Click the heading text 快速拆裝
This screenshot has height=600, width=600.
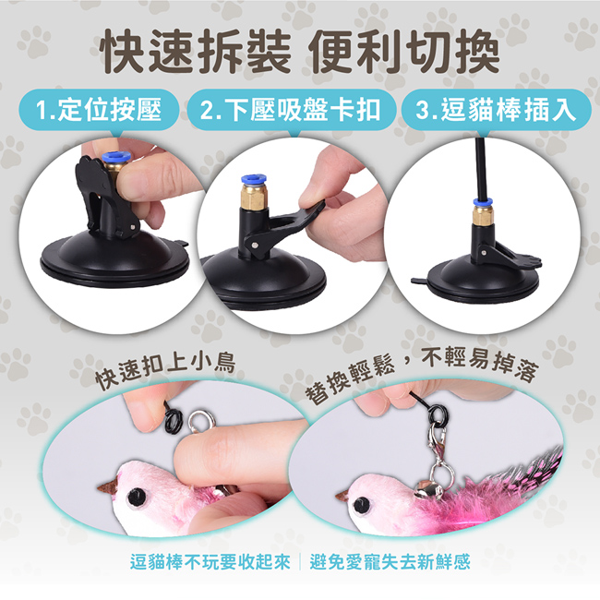pos(196,51)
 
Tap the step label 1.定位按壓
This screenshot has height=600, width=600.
pos(99,110)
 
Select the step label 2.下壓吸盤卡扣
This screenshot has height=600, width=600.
pos(291,110)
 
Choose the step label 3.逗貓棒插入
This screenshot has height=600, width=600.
pos(496,110)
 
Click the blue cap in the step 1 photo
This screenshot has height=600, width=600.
pos(113,158)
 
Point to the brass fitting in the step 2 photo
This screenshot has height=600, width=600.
pos(253,195)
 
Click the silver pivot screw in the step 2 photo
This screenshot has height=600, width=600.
pos(254,244)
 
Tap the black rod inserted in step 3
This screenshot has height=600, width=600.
pos(479,168)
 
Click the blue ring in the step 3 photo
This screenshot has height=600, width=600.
pos(482,202)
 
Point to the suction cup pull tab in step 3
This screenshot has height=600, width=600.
pos(419,282)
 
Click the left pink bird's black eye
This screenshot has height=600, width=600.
pos(136,497)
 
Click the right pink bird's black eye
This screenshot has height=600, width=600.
pos(361,504)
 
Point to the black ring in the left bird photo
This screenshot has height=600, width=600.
pos(174,419)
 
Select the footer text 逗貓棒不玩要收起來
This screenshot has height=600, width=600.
pos(210,562)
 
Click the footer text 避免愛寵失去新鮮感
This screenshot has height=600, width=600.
pos(390,562)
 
